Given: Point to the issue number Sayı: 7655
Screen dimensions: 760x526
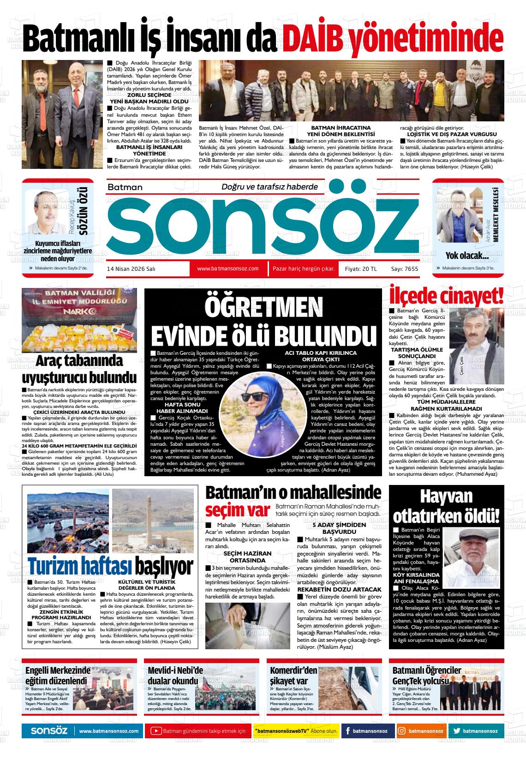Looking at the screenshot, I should (x=404, y=269).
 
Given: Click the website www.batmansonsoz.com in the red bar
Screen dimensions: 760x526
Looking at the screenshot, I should (x=227, y=269).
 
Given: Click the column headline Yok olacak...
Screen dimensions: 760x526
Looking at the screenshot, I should (x=467, y=255).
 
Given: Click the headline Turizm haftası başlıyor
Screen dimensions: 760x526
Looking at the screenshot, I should (x=110, y=566).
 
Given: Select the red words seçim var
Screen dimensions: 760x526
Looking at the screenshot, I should (x=237, y=510).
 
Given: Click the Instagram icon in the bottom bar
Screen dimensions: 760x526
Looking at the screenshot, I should (x=402, y=731).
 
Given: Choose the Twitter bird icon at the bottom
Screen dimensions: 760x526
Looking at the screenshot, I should (x=457, y=731).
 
